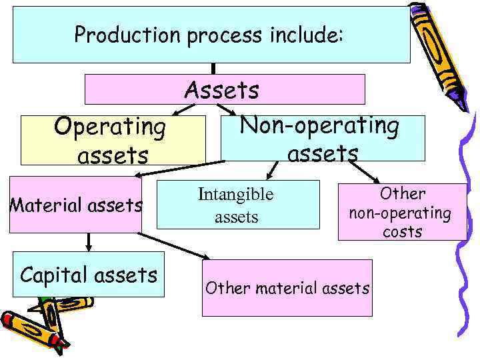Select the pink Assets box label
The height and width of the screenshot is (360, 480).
tap(222, 89)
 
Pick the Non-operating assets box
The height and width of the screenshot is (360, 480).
tap(323, 139)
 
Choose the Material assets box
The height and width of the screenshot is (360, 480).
tap(75, 205)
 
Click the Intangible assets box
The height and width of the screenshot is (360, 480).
tap(236, 205)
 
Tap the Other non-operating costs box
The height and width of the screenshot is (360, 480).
tap(402, 212)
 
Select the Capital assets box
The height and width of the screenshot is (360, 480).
tap(89, 274)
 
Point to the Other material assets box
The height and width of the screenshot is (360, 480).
tap(287, 288)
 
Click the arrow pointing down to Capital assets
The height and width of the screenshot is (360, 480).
tap(89, 242)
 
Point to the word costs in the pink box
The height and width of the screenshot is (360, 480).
tap(402, 231)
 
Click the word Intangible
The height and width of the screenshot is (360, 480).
tap(236, 195)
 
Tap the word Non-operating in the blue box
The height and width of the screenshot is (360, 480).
tap(319, 125)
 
